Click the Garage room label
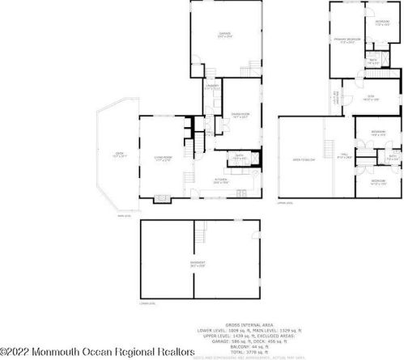224,34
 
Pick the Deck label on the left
118,157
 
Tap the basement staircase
199,238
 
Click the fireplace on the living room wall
161,197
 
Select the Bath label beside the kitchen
240,157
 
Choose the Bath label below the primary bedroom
374,61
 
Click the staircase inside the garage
257,67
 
